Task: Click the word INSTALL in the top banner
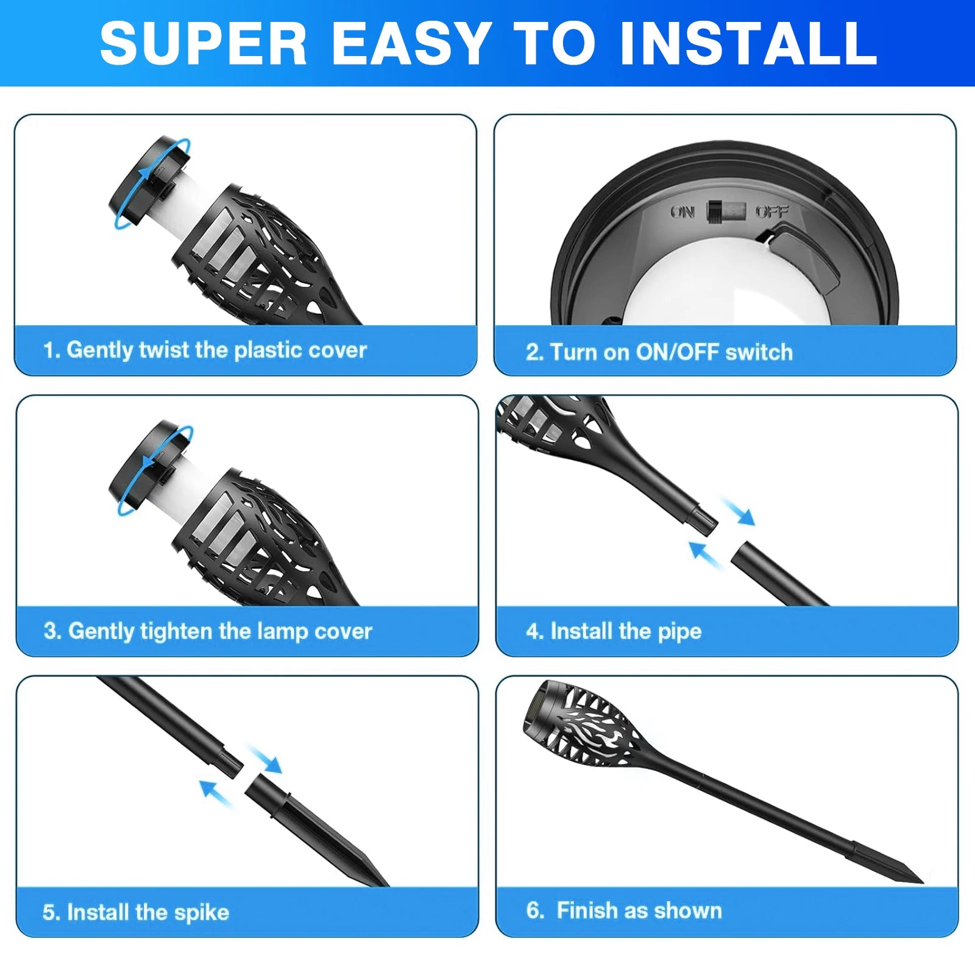(748, 43)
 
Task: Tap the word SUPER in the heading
(204, 43)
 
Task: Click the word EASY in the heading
(411, 43)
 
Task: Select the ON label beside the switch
(682, 211)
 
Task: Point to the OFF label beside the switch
(772, 211)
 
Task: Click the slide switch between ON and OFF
(726, 211)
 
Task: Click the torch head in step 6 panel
(582, 725)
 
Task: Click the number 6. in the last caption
(534, 910)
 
